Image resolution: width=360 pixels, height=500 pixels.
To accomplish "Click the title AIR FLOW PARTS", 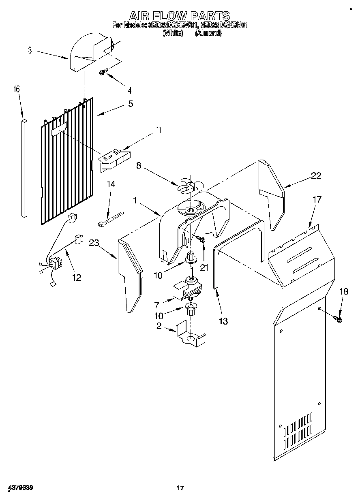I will click(180, 16).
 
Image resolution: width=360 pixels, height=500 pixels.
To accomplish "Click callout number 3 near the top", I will click(30, 50).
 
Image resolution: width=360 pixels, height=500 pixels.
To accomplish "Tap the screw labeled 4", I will click(102, 72).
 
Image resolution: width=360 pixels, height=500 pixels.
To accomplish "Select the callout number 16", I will click(17, 89).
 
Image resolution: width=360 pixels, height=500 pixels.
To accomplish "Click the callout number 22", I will click(316, 175).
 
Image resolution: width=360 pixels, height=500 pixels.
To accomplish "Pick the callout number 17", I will click(317, 199).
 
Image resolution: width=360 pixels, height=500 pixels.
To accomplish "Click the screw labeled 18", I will click(338, 320).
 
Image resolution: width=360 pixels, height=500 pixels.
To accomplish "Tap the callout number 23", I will click(94, 243).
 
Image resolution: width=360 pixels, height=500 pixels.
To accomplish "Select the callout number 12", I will click(76, 278).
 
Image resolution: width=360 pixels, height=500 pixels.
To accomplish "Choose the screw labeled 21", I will click(201, 241).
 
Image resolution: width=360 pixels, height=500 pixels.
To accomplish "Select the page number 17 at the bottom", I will click(180, 488).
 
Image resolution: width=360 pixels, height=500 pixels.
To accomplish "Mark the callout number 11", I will click(159, 130).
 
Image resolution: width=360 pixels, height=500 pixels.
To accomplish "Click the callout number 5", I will click(131, 104).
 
